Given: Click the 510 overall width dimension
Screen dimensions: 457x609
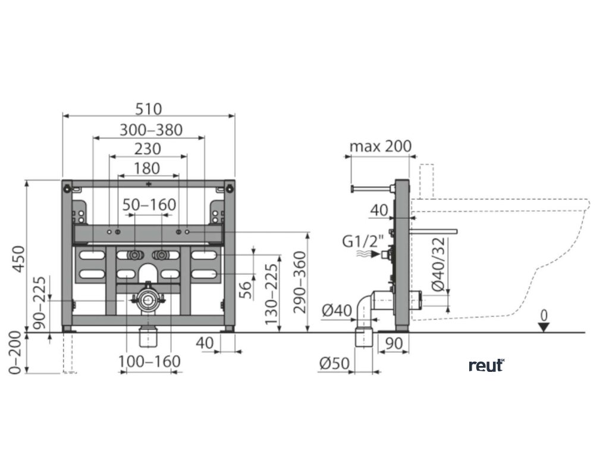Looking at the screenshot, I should pos(148,109).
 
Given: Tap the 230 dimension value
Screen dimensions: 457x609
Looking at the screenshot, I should pos(148,149).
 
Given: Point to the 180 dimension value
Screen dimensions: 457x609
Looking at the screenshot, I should pos(147,168).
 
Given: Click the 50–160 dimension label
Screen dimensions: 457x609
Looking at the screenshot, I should pos(149,205).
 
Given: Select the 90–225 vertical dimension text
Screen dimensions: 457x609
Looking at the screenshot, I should pos(39,303).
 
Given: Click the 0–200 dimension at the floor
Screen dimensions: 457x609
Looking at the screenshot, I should pos(17,353).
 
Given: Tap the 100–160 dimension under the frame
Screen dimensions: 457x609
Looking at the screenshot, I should pos(149,361).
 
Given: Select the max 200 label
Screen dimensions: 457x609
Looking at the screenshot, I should pos(380,146).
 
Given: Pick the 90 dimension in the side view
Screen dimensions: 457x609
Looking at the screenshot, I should pos(394,344).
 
